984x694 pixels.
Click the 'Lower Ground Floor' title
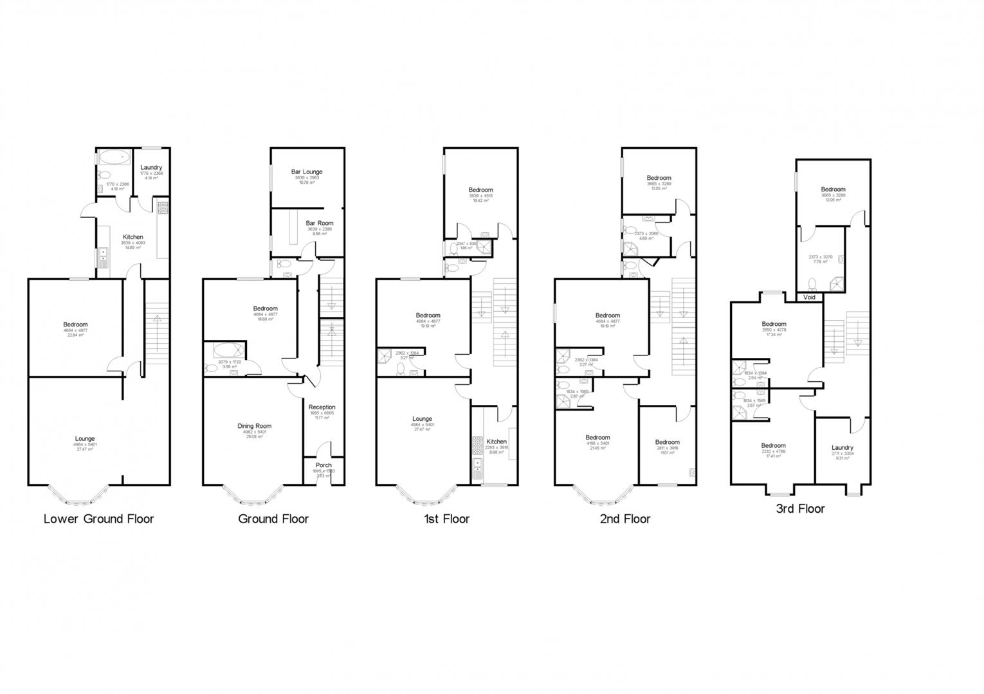pos(98,519)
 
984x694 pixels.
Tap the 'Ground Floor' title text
pos(273,519)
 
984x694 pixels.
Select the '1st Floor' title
pos(446,519)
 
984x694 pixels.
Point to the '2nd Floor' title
pos(624,519)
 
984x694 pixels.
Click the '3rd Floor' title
pos(801,509)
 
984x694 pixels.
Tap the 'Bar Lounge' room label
pos(307,172)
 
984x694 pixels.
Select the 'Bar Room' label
pos(320,223)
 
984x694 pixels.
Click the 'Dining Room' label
pos(255,425)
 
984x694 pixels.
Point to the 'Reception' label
pos(322,407)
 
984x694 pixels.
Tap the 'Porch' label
pos(323,465)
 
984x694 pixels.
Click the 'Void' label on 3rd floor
pos(809,298)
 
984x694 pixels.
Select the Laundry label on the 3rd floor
pos(842,448)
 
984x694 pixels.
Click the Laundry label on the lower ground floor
pos(151,167)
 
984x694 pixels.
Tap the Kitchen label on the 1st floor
pos(496,441)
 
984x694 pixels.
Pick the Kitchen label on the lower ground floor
pos(133,237)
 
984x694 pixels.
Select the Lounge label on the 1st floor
pos(422,419)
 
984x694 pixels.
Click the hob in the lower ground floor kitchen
pos(163,208)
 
